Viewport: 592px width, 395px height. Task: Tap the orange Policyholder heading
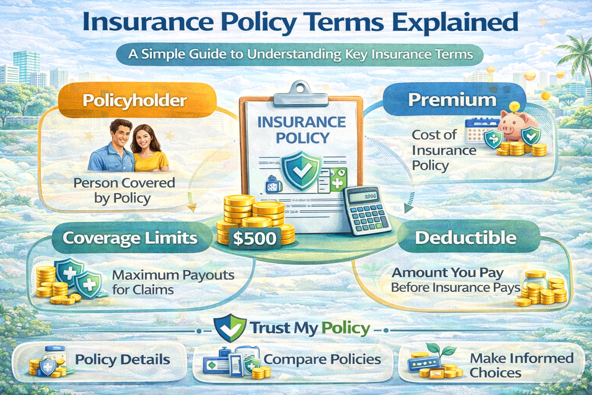click(x=135, y=101)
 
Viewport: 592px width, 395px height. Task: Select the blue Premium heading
click(x=452, y=100)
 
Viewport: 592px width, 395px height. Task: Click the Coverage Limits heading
click(x=130, y=238)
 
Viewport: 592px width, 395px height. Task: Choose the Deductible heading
click(x=466, y=238)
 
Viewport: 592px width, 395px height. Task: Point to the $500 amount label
click(x=255, y=238)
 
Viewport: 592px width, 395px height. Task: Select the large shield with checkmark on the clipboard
click(x=301, y=170)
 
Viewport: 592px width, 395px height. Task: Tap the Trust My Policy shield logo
click(x=230, y=328)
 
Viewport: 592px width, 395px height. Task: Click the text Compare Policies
click(x=322, y=360)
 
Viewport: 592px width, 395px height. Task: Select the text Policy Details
click(x=123, y=360)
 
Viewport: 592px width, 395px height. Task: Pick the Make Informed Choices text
click(x=521, y=365)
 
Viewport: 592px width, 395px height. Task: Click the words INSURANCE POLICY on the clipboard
click(x=302, y=130)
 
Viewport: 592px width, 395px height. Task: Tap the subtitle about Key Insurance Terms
click(x=301, y=54)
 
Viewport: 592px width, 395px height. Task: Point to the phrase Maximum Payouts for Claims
click(x=173, y=282)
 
